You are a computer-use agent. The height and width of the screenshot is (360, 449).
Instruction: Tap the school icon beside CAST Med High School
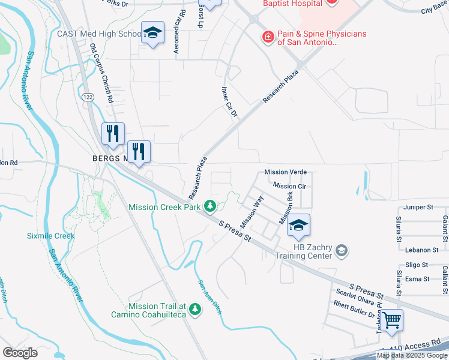coord(152,34)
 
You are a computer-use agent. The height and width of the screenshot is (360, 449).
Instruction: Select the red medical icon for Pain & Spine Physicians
coord(268,38)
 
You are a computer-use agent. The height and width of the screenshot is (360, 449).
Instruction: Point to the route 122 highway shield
coord(88,97)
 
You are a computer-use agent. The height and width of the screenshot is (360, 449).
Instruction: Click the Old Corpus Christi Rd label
coord(101,73)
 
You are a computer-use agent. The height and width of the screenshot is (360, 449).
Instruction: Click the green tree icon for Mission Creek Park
coord(210,207)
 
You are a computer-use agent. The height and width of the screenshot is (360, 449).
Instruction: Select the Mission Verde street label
coord(286,172)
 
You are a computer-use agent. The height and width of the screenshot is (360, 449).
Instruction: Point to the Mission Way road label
coord(252,211)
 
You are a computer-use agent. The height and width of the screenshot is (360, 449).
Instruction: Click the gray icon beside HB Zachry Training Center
coord(342,250)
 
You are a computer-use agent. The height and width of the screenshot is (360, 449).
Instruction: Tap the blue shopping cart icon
coord(392,320)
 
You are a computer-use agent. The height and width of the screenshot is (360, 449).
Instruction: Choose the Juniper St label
coord(418,207)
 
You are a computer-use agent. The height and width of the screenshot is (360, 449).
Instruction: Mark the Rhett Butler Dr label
coord(355,314)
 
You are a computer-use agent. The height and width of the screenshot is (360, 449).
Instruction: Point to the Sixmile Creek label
coord(50,236)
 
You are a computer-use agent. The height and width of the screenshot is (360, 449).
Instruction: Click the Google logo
coord(20,353)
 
